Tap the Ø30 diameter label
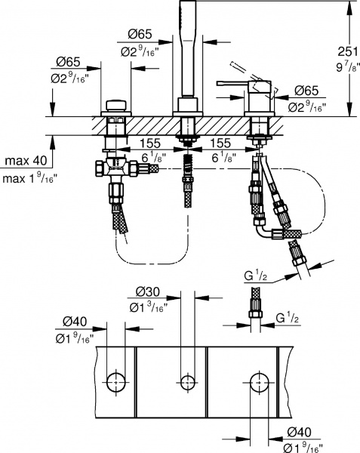[x=146, y=291]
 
